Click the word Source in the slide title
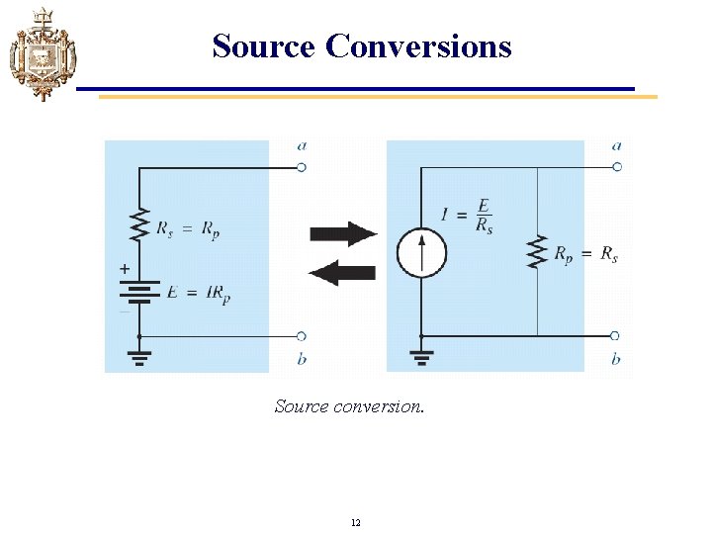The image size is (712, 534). pos(263,45)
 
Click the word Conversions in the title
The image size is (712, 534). pos(418,45)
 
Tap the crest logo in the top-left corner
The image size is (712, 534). pos(41,53)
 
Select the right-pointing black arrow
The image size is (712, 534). pos(343,233)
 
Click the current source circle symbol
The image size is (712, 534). pos(422,252)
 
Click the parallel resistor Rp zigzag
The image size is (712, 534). pos(537,251)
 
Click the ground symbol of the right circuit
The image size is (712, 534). pos(421,353)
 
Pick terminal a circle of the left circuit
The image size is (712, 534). pos(302,167)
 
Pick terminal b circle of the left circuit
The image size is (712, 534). pos(302,336)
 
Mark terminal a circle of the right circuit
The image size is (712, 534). pos(616,167)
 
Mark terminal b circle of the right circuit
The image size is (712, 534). pos(615,336)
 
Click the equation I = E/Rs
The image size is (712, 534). pos(468,216)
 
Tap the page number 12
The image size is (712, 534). pos(356,521)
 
